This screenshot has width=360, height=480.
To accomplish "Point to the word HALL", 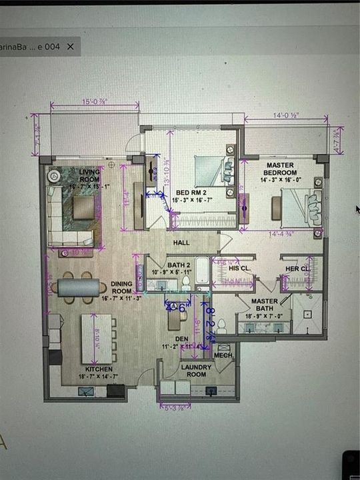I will (182, 243).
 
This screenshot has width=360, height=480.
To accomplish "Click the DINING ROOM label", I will (122, 287).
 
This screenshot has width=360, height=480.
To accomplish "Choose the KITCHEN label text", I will (99, 369).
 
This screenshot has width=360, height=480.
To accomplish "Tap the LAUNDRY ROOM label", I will (196, 370).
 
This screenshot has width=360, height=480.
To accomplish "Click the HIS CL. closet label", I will (239, 268).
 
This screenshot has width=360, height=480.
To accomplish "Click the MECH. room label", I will (223, 355).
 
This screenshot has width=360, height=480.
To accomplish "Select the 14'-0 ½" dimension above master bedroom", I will (285, 115).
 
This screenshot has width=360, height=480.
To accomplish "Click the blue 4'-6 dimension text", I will (175, 307).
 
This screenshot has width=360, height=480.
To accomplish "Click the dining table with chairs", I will (81, 287).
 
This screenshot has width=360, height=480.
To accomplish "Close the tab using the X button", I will (70, 46).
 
